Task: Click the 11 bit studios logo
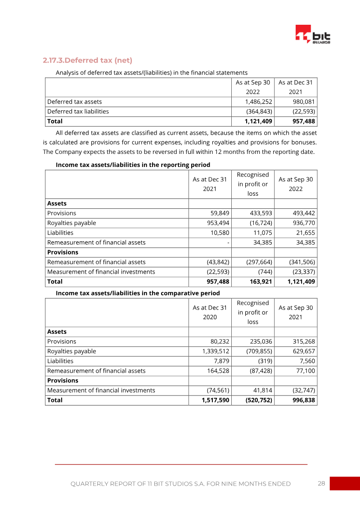pyautogui.click(x=313, y=35)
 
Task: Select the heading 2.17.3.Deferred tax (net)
pyautogui.click(x=87, y=60)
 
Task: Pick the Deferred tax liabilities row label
pyautogui.click(x=78, y=112)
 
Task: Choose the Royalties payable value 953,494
pyautogui.click(x=216, y=223)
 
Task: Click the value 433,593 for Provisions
pyautogui.click(x=259, y=213)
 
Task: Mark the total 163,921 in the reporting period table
pyautogui.click(x=259, y=282)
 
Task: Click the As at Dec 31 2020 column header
pyautogui.click(x=210, y=312)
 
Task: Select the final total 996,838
pyautogui.click(x=301, y=400)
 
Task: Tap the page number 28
pyautogui.click(x=321, y=484)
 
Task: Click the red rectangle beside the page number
pyautogui.click(x=345, y=484)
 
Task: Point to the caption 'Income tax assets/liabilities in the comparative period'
pyautogui.click(x=138, y=293)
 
